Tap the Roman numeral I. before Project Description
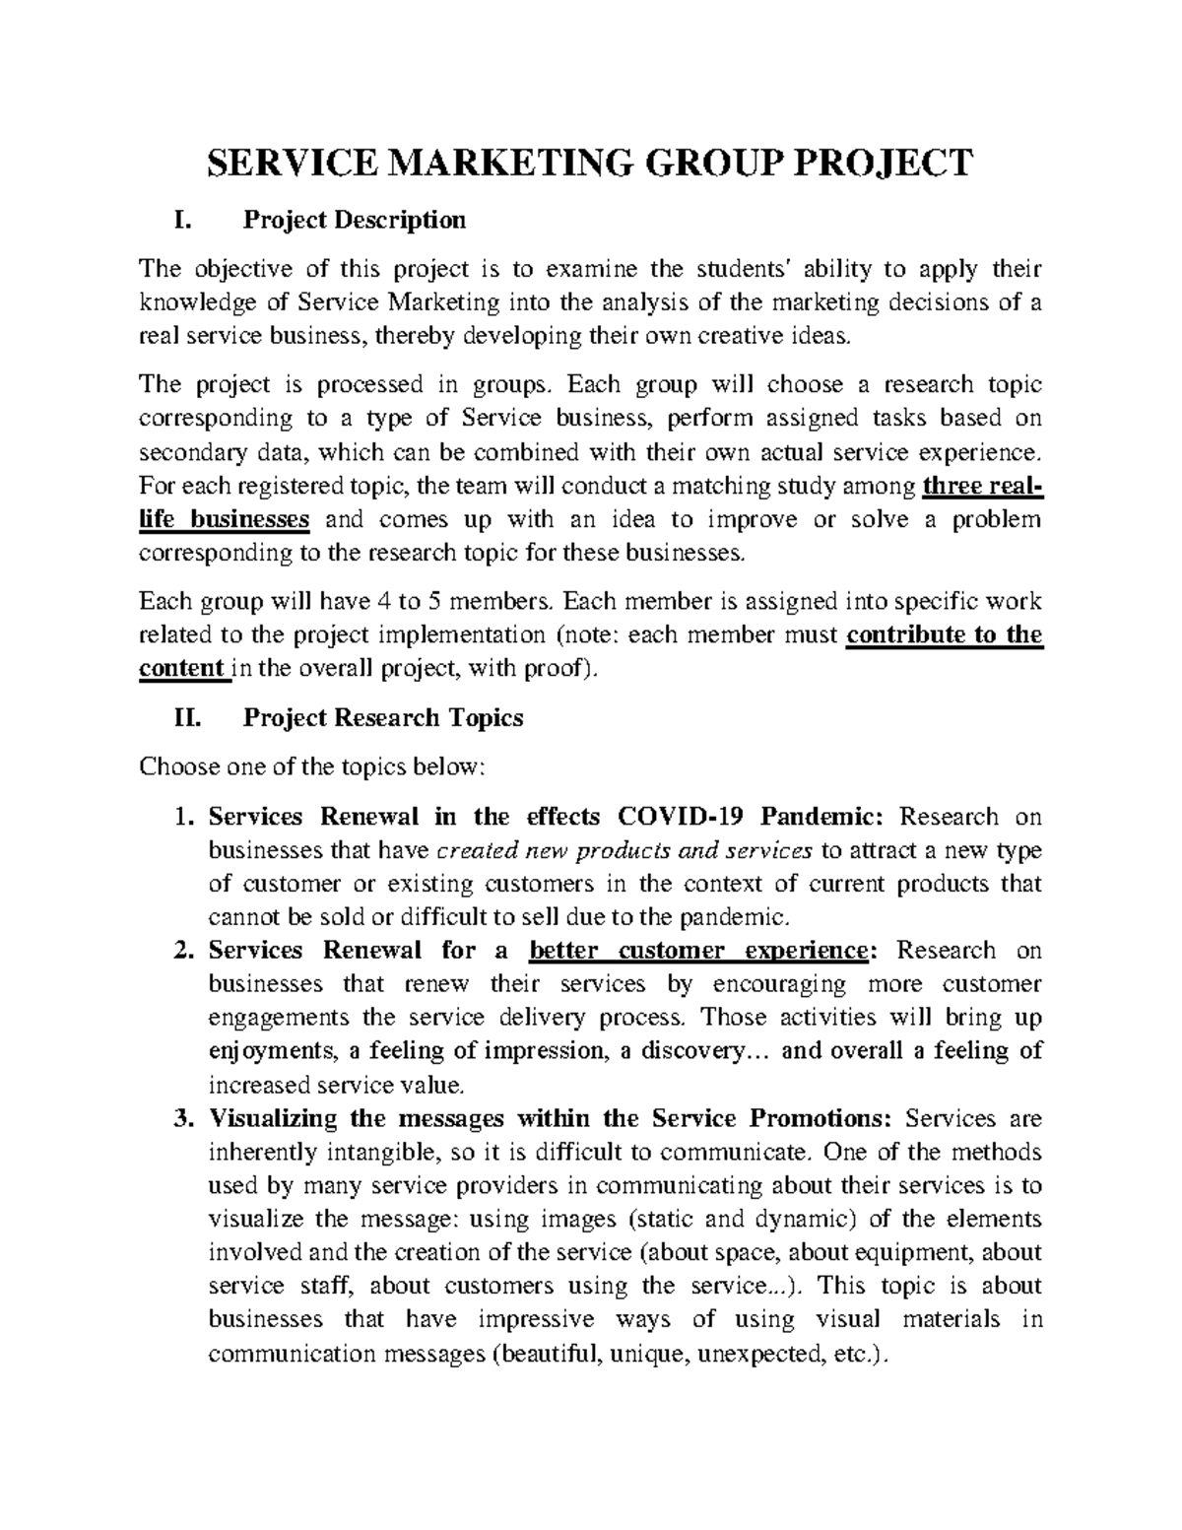181,220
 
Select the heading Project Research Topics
382,718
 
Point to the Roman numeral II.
185,718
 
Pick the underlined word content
181,668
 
